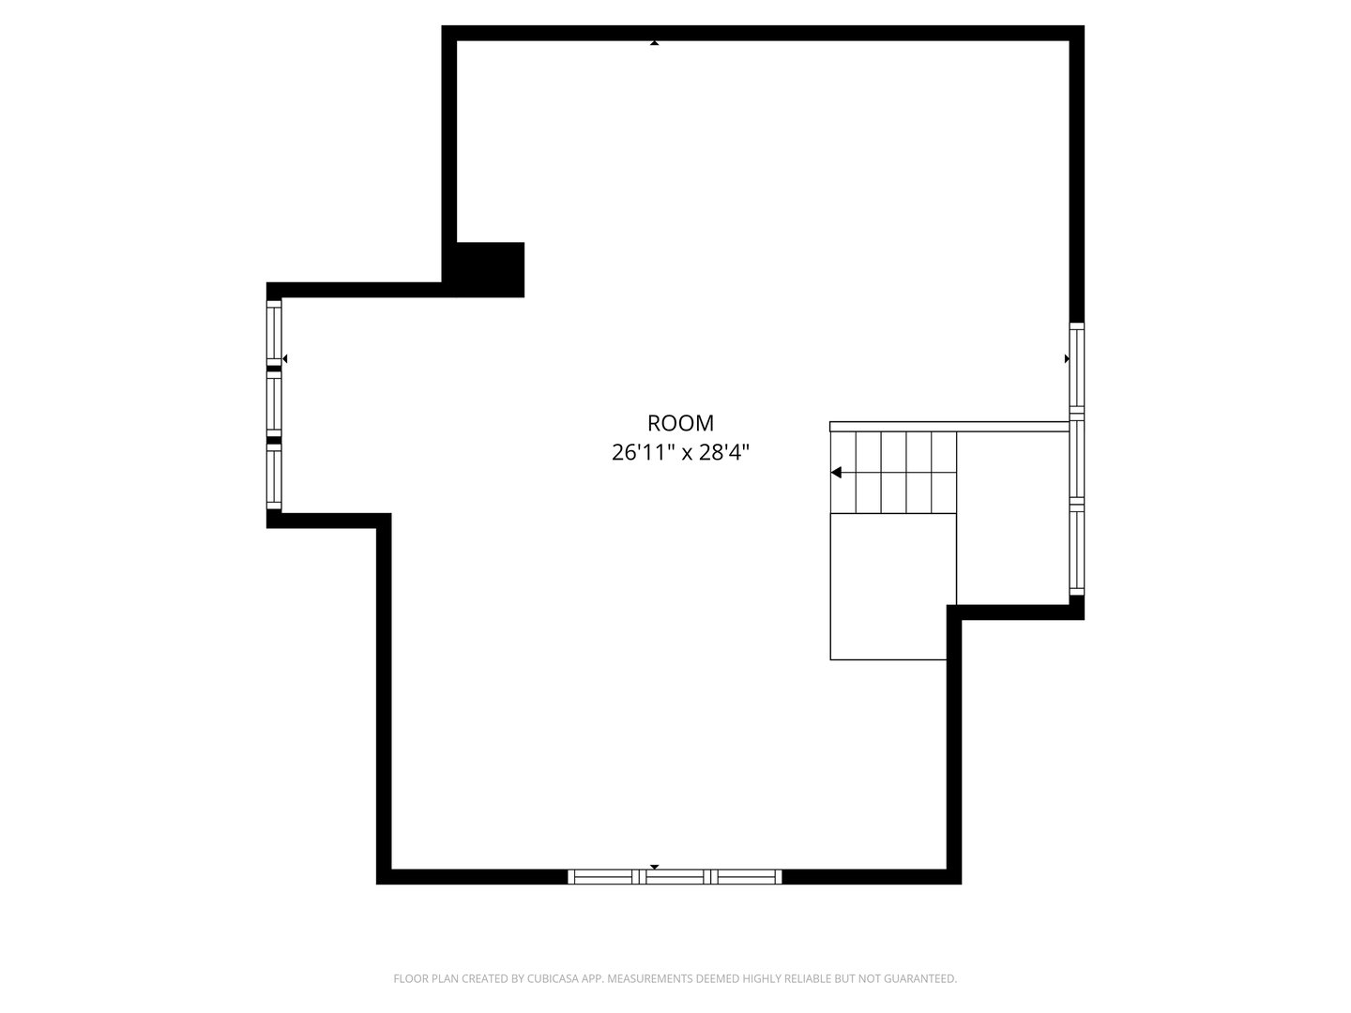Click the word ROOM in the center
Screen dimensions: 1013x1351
(680, 423)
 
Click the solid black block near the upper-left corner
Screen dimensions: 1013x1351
(489, 269)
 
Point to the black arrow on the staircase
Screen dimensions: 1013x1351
(836, 473)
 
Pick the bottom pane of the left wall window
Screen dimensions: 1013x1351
(274, 476)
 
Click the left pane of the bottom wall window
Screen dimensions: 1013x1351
(604, 877)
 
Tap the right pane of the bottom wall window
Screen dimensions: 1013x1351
(747, 877)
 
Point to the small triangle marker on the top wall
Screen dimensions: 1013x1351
(654, 42)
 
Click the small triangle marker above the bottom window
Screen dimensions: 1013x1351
(655, 867)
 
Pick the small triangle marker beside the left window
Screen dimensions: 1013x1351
(284, 359)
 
